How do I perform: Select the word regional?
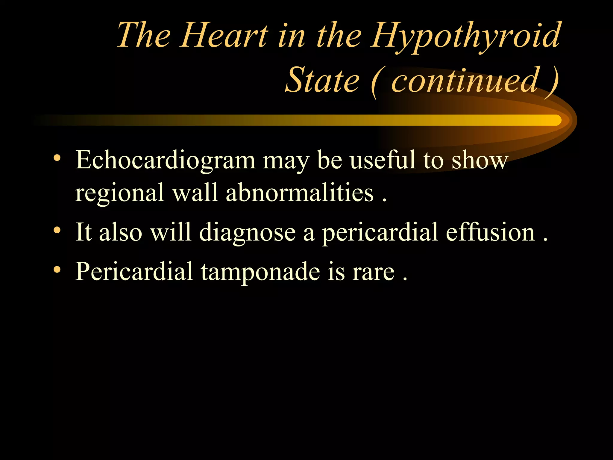(x=119, y=193)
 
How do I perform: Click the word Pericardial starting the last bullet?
(x=134, y=271)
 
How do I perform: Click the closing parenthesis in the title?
(x=552, y=81)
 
